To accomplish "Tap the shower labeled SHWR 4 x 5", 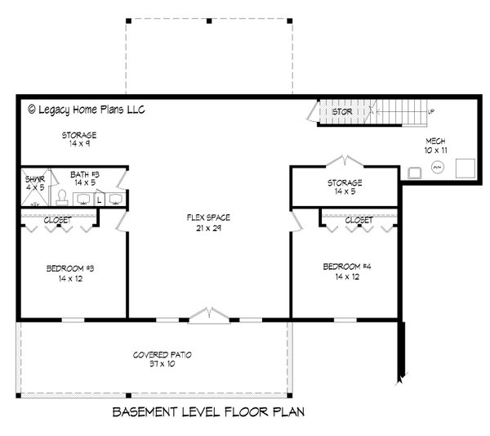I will [33, 183].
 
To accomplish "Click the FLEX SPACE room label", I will [208, 218].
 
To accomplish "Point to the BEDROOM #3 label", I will [69, 267].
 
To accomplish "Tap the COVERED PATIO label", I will [162, 355].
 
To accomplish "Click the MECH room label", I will [436, 140].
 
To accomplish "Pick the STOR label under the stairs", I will [341, 111].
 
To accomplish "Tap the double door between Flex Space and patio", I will [209, 314].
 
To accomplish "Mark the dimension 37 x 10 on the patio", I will [162, 363].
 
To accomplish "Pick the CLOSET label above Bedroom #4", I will [359, 220].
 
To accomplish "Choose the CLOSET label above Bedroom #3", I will [57, 220].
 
